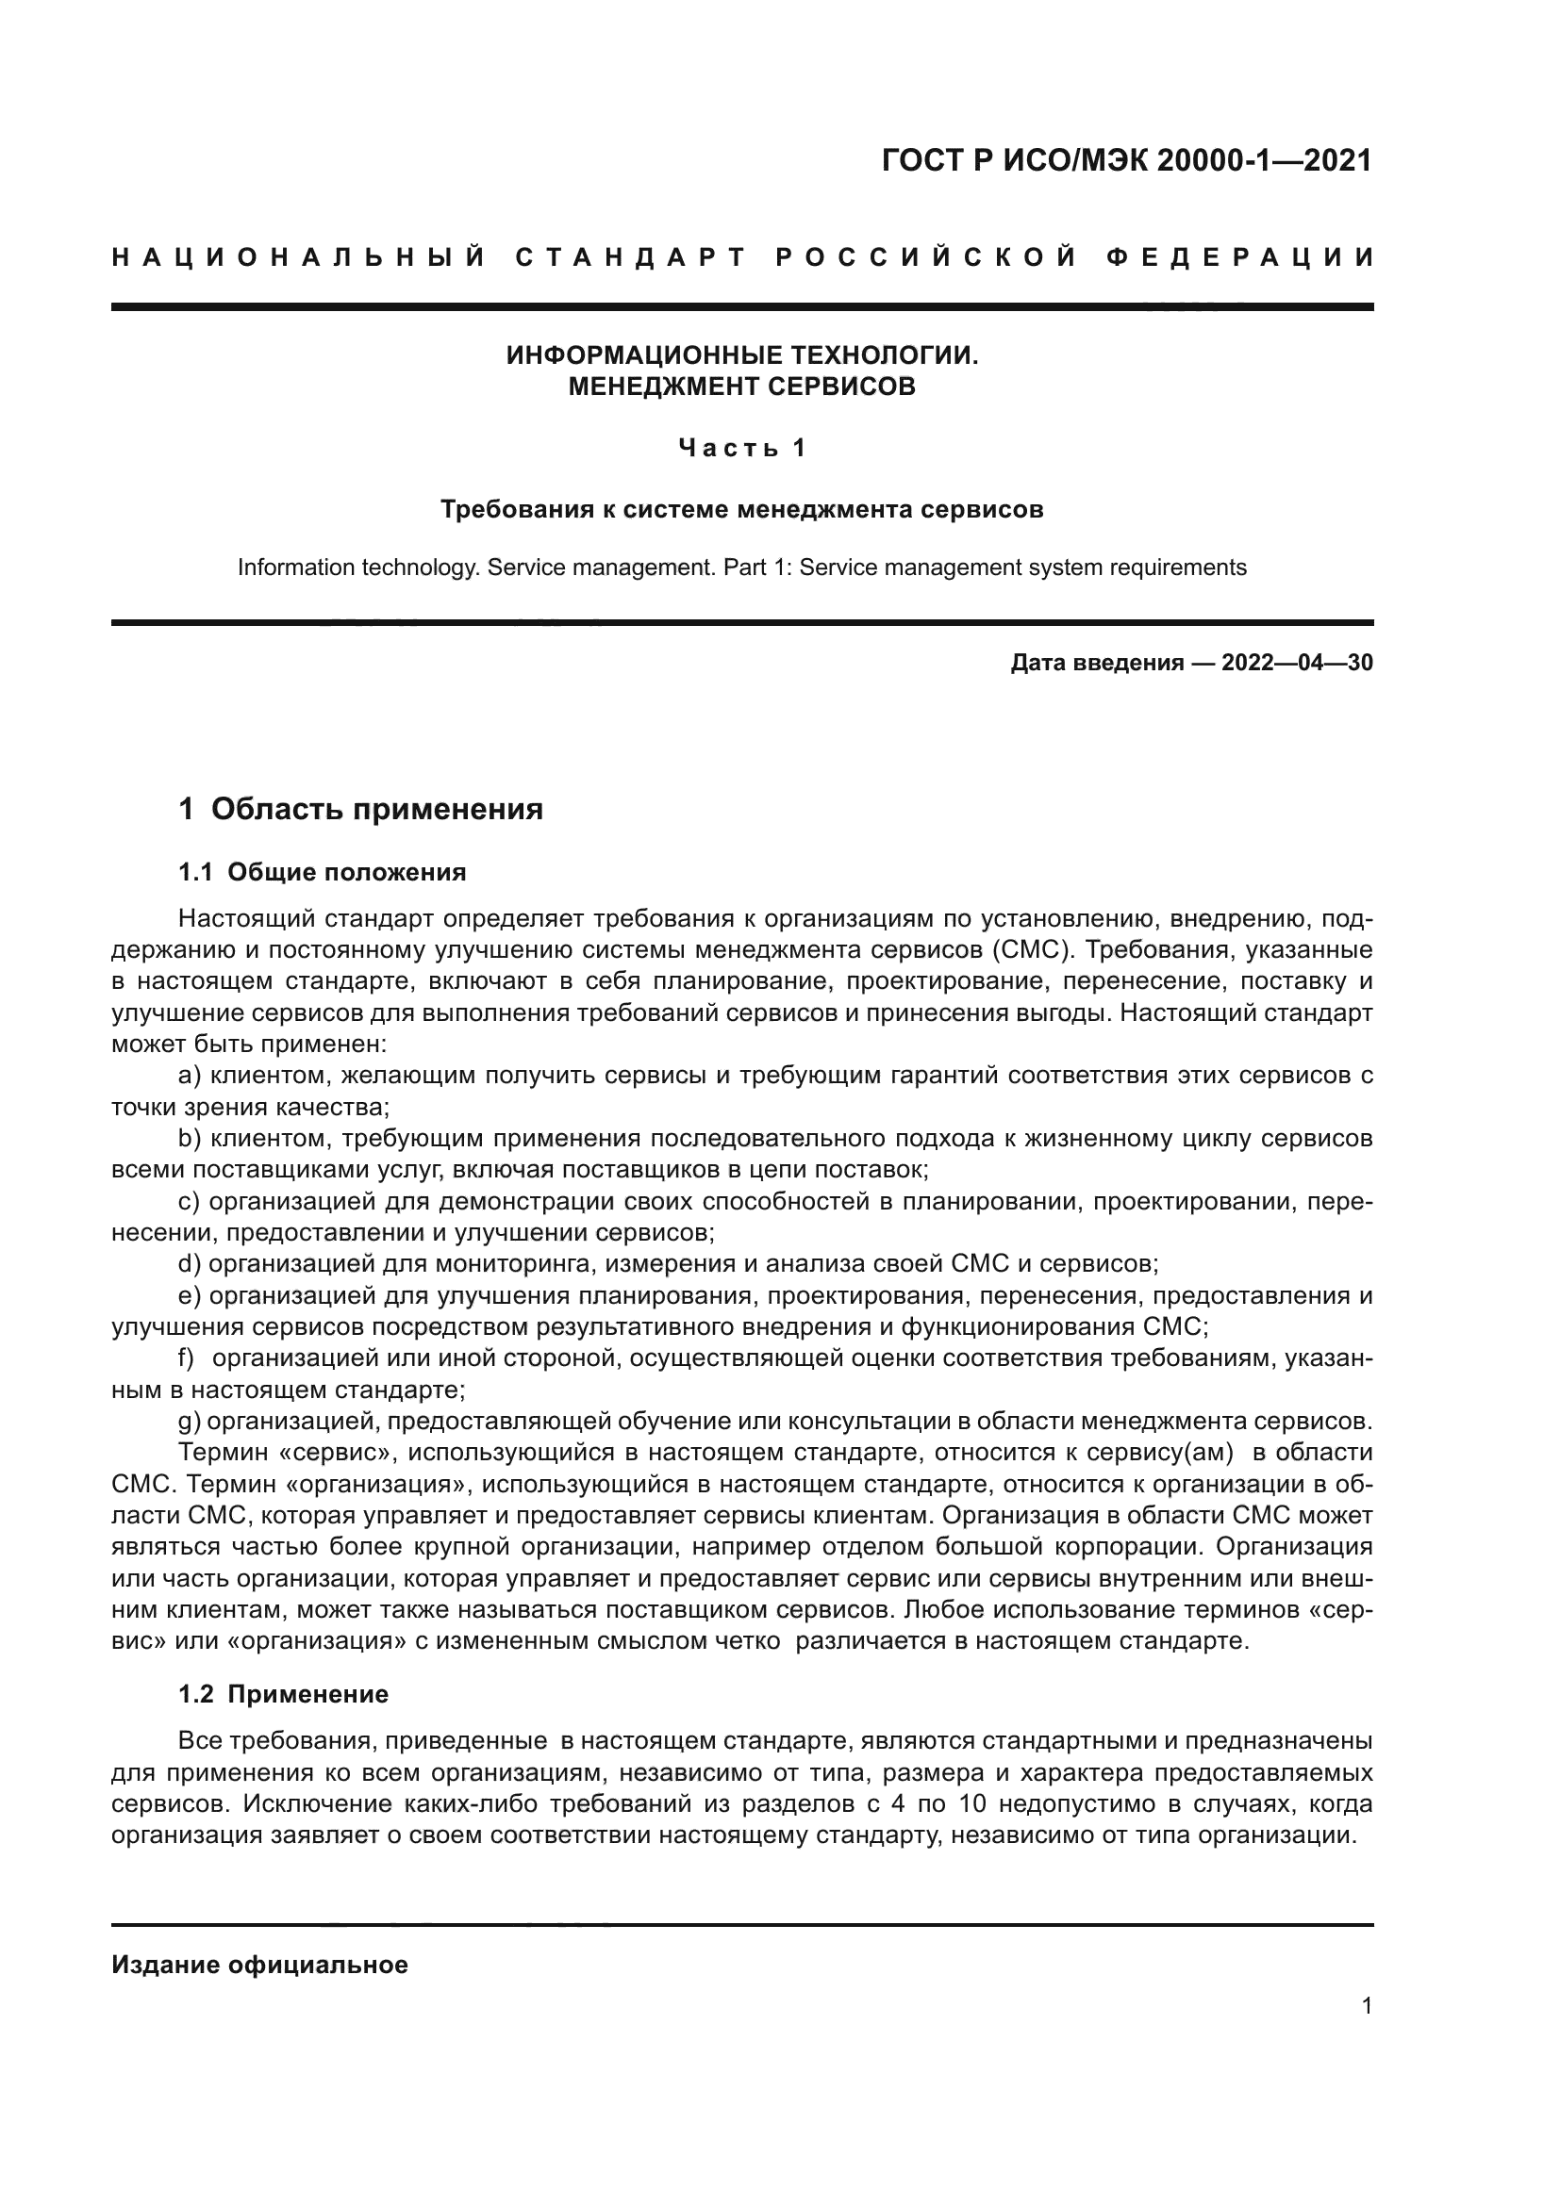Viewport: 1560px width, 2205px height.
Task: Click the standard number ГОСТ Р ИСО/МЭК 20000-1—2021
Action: [1127, 160]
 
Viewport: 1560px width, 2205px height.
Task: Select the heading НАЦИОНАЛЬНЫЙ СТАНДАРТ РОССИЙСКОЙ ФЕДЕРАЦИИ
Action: [743, 257]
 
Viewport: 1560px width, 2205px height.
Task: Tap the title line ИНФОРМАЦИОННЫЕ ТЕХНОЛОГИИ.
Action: [741, 355]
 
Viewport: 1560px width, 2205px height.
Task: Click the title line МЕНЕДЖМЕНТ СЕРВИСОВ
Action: [741, 387]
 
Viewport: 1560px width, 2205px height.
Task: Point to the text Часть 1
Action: [741, 448]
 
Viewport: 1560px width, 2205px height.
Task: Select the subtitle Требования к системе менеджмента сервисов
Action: [741, 509]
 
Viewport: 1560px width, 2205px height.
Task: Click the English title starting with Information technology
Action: [741, 568]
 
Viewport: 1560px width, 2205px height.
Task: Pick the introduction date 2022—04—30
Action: [1297, 663]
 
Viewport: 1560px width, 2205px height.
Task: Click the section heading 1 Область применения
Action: [361, 810]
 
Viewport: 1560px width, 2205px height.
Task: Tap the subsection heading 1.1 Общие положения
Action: [323, 872]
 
